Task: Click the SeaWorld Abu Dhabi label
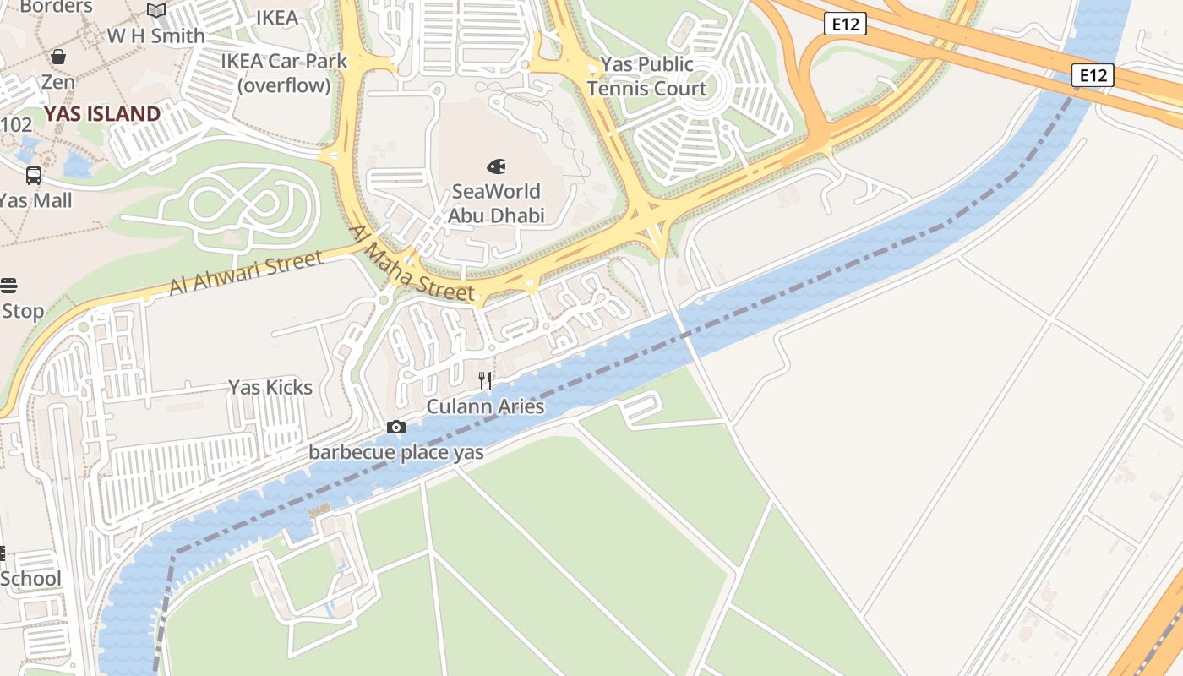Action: click(x=496, y=203)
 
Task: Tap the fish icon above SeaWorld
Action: click(x=496, y=166)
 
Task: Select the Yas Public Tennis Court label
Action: click(x=647, y=76)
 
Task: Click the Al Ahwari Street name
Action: click(x=245, y=273)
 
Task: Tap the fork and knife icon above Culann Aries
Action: click(x=485, y=381)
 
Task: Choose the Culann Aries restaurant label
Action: click(x=485, y=406)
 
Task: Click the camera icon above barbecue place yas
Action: click(x=395, y=428)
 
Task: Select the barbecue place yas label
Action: click(x=395, y=452)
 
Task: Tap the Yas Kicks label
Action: click(x=270, y=388)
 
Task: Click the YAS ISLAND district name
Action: click(x=102, y=114)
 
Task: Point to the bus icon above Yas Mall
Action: click(x=34, y=176)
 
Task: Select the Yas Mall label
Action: click(x=35, y=201)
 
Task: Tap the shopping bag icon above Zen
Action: click(x=58, y=57)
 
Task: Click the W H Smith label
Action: click(x=155, y=36)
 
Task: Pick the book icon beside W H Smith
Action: click(x=156, y=11)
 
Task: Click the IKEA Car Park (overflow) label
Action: click(x=284, y=73)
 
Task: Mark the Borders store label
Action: click(x=56, y=8)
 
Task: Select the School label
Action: click(x=30, y=579)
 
